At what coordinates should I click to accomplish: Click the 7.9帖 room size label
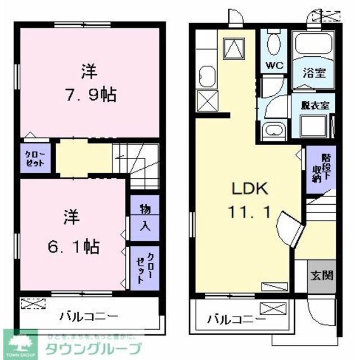(90, 94)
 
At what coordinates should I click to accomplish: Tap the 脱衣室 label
(314, 105)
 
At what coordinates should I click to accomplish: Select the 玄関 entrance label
(321, 275)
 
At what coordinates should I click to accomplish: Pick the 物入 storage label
(143, 216)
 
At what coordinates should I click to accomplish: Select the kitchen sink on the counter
(205, 75)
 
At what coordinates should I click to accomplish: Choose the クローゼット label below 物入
(144, 267)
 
